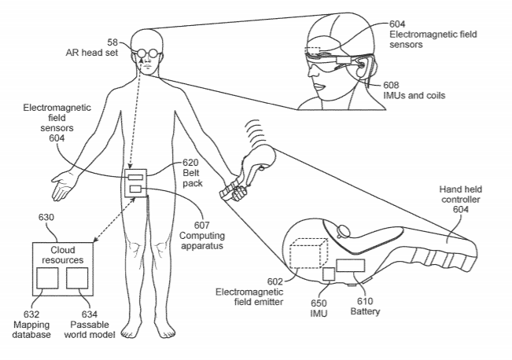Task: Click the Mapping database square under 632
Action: click(x=47, y=281)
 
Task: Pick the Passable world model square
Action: click(x=76, y=281)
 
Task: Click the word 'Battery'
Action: click(x=366, y=312)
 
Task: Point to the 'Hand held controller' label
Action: click(x=464, y=194)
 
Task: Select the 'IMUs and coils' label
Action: click(x=414, y=95)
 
